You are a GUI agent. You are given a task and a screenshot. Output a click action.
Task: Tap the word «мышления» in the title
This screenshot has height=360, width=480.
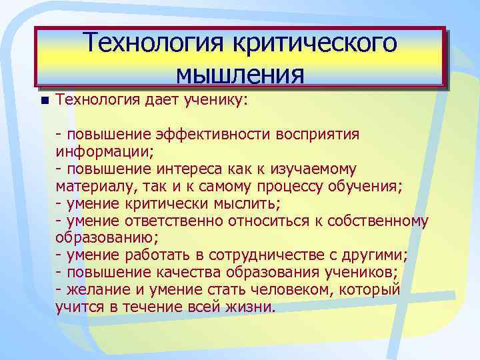(x=240, y=72)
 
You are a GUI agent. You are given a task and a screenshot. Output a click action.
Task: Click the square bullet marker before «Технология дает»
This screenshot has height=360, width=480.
(x=44, y=101)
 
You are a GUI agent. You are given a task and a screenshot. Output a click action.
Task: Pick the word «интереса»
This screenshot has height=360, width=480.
(x=184, y=169)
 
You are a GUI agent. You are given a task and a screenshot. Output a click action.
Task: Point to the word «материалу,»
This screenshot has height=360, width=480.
(x=94, y=186)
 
